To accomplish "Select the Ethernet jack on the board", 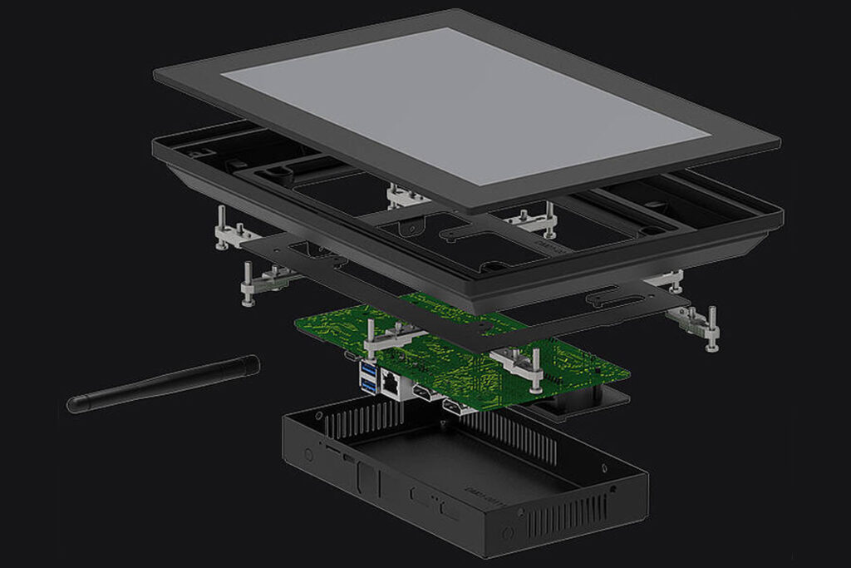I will [391, 383].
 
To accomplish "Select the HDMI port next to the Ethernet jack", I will [422, 393].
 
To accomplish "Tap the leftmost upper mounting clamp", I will [230, 230].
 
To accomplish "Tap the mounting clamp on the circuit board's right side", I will [519, 363].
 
